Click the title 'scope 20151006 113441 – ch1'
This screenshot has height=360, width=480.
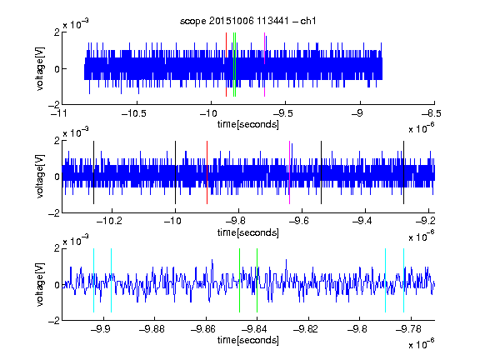click(248, 21)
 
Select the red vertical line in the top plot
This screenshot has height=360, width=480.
click(226, 65)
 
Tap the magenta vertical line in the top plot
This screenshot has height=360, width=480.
click(264, 65)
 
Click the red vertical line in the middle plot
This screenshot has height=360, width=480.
click(207, 172)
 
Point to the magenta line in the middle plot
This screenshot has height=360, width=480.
click(290, 172)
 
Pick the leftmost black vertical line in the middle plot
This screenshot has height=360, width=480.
click(93, 172)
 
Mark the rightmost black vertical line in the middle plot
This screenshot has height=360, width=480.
click(404, 172)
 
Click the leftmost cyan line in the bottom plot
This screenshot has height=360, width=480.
click(93, 280)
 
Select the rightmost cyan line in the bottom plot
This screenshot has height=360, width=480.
click(404, 280)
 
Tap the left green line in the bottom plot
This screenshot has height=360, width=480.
click(239, 280)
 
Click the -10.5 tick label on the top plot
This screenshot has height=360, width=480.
click(134, 113)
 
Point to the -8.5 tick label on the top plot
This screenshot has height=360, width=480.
click(432, 113)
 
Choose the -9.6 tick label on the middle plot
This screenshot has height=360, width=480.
click(299, 221)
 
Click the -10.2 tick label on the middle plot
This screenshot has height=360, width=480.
click(109, 221)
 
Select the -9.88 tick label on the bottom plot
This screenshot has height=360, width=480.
click(152, 329)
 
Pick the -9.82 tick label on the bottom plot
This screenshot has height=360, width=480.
click(306, 329)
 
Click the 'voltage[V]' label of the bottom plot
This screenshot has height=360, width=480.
click(40, 284)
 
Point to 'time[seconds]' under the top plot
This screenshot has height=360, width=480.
click(248, 124)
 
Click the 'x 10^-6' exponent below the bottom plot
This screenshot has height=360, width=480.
click(422, 343)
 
